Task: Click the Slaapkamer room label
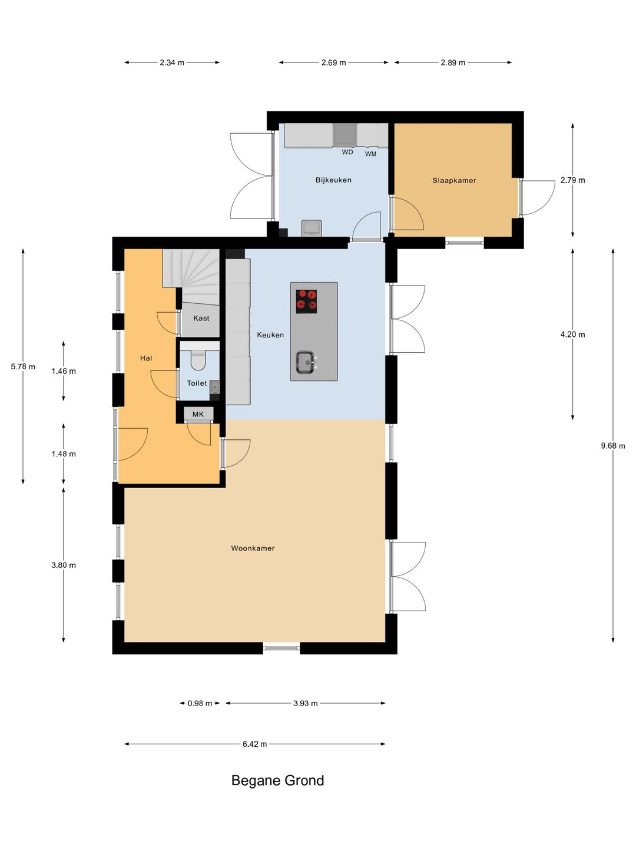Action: coord(453,180)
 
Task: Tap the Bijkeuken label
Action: coord(333,180)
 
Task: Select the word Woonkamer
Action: coord(253,548)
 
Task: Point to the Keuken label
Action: coord(270,335)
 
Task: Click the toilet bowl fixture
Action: coord(199,359)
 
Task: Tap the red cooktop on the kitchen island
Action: coord(306,302)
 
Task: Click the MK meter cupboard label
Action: coord(198,414)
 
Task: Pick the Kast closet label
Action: coord(201,318)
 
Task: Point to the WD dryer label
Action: coord(347,152)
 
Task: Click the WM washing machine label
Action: coord(370,154)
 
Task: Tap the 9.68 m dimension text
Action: coord(612,445)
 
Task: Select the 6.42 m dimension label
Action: coord(254,744)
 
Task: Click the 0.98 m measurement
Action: coord(200,703)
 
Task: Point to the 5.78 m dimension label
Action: coord(23,366)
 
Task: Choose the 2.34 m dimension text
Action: coord(172,62)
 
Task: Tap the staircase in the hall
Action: coord(191,277)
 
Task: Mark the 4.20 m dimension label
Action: coord(572,334)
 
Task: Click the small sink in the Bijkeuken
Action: coord(312,227)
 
